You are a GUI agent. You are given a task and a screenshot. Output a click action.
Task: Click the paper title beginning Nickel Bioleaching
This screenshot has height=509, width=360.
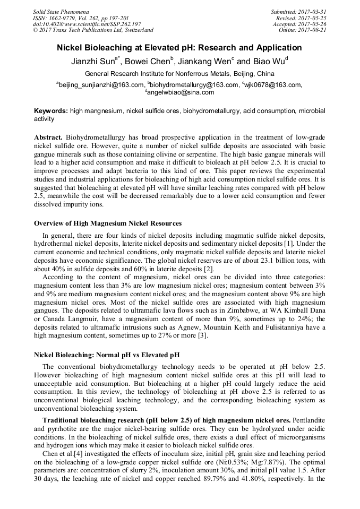pyautogui.click(x=179, y=48)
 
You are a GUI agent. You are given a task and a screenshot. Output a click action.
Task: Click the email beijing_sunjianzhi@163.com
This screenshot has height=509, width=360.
pyautogui.click(x=101, y=84)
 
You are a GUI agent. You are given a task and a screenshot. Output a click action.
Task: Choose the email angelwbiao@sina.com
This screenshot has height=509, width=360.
pyautogui.click(x=181, y=92)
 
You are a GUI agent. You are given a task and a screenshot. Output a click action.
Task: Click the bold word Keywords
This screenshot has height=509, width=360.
pyautogui.click(x=50, y=111)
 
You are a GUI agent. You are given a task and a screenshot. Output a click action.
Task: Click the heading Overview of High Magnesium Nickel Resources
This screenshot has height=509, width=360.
pyautogui.click(x=108, y=223)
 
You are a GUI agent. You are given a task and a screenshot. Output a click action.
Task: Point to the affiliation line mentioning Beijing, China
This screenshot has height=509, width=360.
pyautogui.click(x=179, y=74)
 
